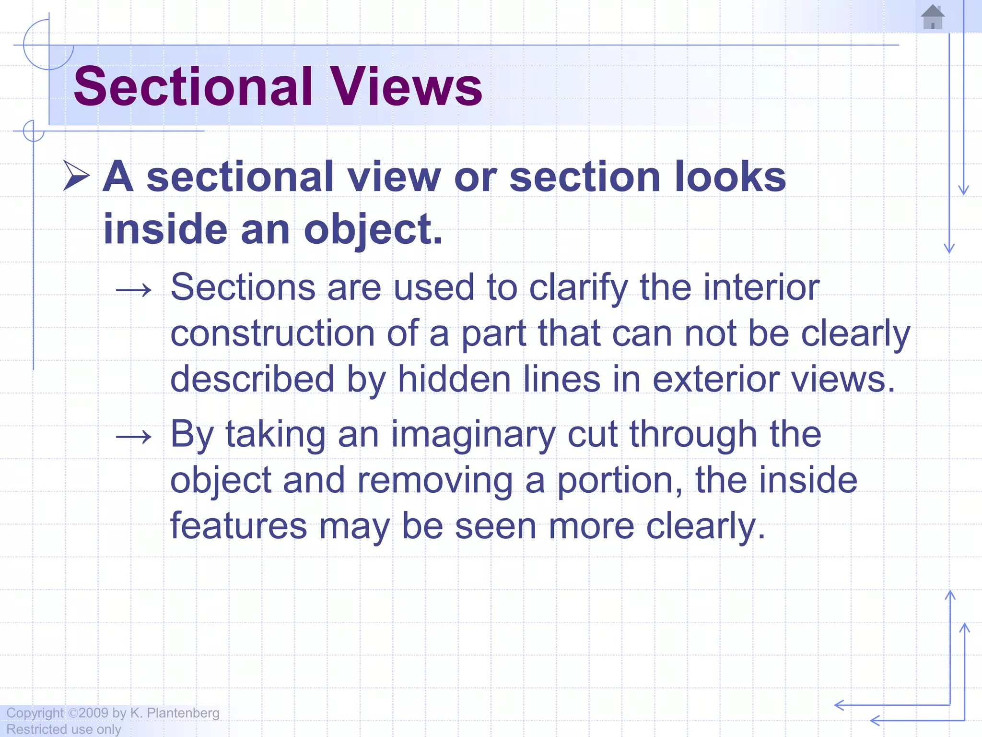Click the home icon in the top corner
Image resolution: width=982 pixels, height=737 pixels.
[933, 17]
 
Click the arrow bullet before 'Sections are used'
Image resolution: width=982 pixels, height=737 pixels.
[134, 289]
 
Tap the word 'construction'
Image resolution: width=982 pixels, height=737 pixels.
[272, 333]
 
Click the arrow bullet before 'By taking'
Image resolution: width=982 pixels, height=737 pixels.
[134, 436]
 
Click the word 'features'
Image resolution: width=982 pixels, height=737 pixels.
[238, 525]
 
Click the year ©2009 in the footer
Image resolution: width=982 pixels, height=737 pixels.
[88, 713]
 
